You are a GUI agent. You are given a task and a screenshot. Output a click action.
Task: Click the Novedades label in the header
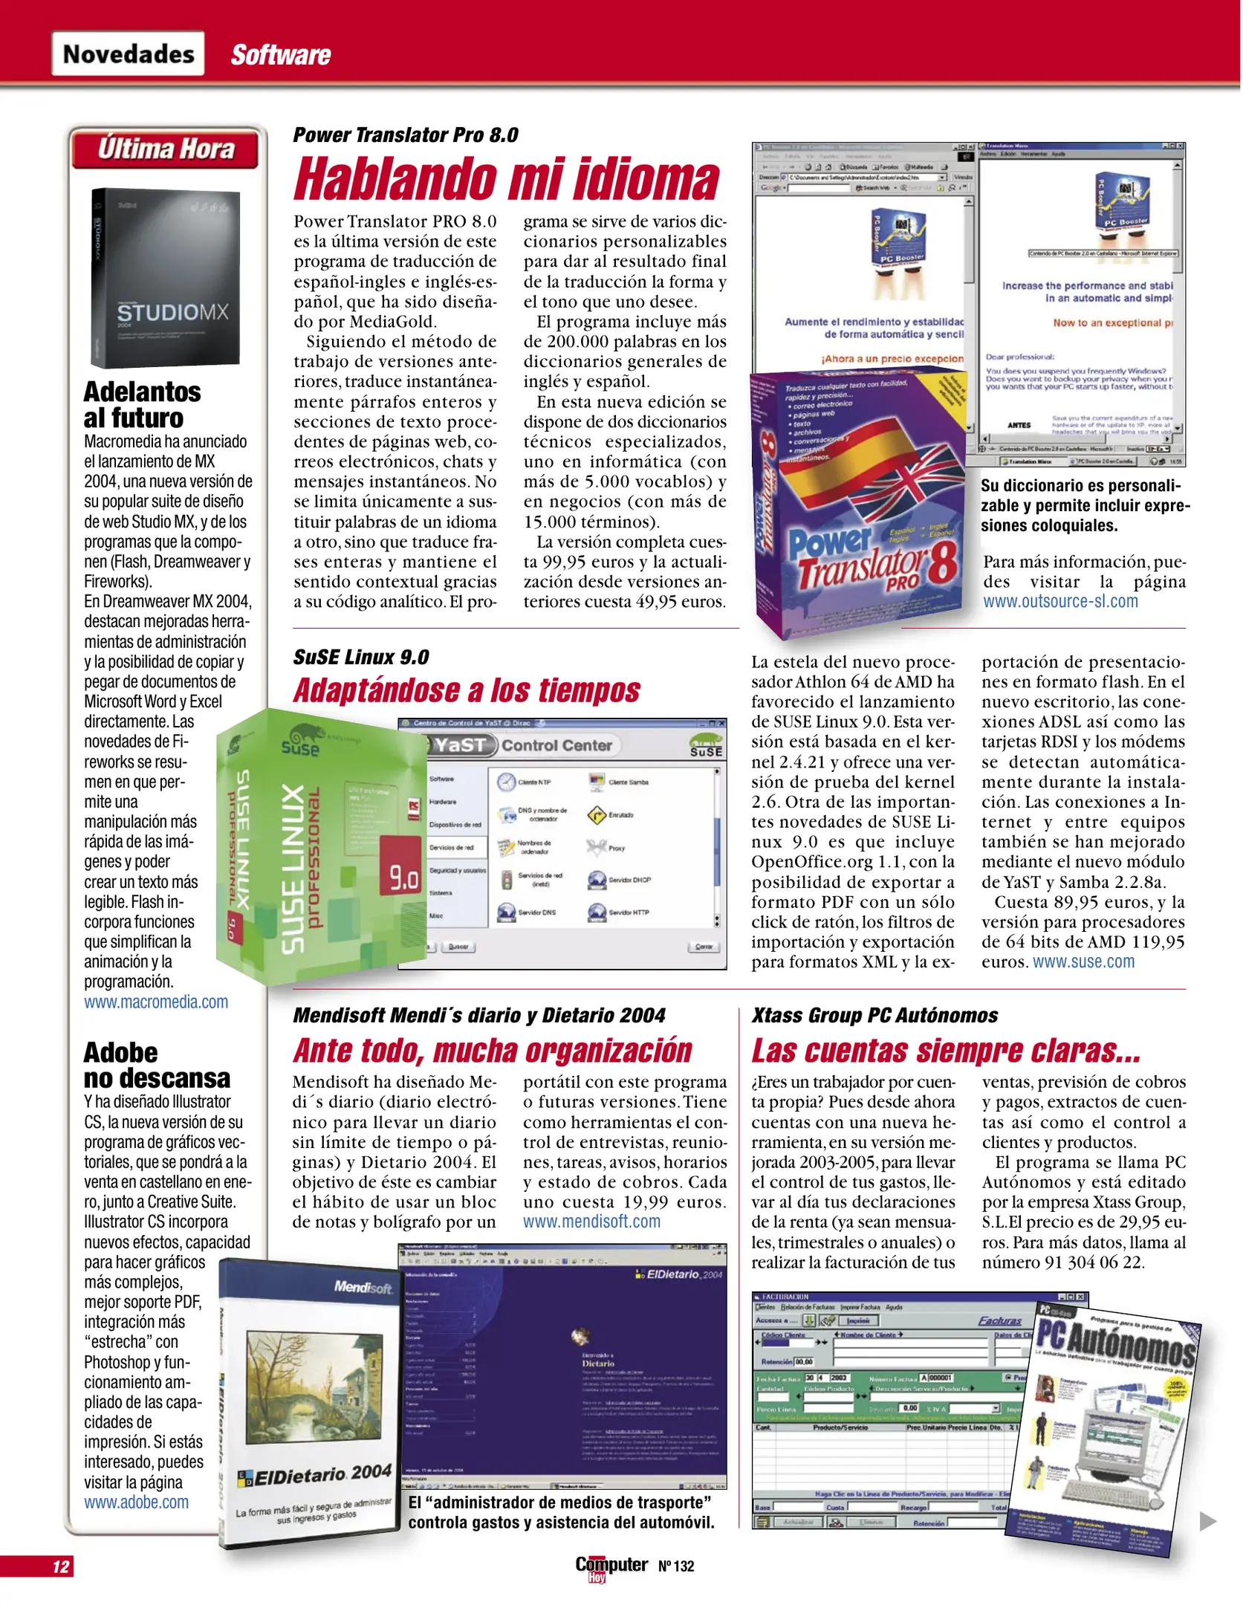tap(128, 54)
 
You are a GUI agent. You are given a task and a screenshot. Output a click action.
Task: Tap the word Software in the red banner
tap(280, 55)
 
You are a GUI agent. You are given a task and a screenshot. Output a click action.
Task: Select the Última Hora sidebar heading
tap(166, 149)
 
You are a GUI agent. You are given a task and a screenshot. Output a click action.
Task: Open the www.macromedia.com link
tap(156, 1002)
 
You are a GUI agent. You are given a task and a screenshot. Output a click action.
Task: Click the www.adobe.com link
tap(136, 1502)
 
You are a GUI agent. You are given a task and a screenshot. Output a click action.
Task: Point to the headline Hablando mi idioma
tap(507, 180)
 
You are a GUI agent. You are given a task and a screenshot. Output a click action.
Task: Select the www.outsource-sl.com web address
tap(1060, 601)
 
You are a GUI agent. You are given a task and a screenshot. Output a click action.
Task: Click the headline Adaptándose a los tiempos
tap(467, 690)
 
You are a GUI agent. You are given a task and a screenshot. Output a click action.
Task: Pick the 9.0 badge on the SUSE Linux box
tap(404, 878)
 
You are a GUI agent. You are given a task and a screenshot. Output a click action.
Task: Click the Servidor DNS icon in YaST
tap(507, 912)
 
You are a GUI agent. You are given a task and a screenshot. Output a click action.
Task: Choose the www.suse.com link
tap(1083, 962)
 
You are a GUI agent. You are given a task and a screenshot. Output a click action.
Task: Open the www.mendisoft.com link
tap(591, 1222)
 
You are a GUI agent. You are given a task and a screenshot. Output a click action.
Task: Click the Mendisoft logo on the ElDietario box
tap(363, 1286)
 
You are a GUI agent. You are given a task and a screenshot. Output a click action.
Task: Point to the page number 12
tap(60, 1567)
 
